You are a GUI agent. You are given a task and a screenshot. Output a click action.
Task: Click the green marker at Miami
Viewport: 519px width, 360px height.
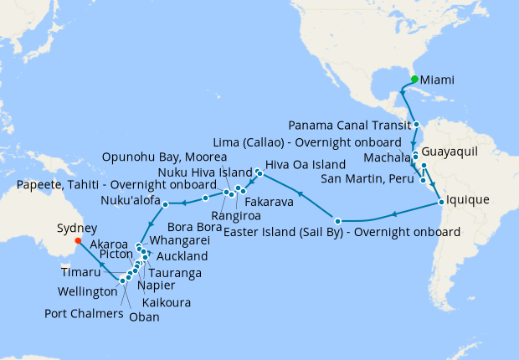[x=414, y=80]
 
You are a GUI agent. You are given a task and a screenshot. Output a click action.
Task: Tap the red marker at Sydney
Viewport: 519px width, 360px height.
[x=77, y=241]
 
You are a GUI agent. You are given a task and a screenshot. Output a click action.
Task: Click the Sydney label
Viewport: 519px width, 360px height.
[x=77, y=227]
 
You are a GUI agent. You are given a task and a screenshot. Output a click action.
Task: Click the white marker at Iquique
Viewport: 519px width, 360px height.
[x=440, y=202]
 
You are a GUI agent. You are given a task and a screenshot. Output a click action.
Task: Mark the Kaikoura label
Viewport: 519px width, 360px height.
[x=166, y=302]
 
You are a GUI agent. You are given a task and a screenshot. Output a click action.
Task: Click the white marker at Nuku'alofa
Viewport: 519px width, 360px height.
[x=166, y=203]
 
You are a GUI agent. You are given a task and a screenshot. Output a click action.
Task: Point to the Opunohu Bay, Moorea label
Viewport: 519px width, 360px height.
[x=164, y=157]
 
